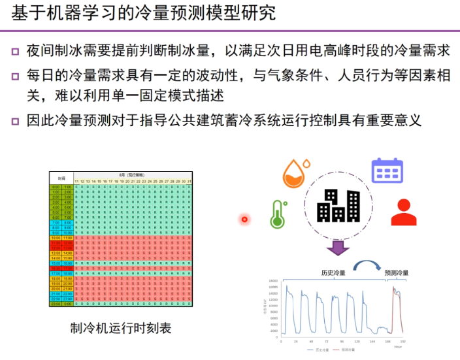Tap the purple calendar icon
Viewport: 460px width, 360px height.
pos(387,170)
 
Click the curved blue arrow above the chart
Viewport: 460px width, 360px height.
pos(367,267)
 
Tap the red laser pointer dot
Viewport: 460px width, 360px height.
pos(245,219)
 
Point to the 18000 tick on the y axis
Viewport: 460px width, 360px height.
pos(274,280)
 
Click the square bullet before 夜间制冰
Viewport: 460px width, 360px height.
pos(15,52)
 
